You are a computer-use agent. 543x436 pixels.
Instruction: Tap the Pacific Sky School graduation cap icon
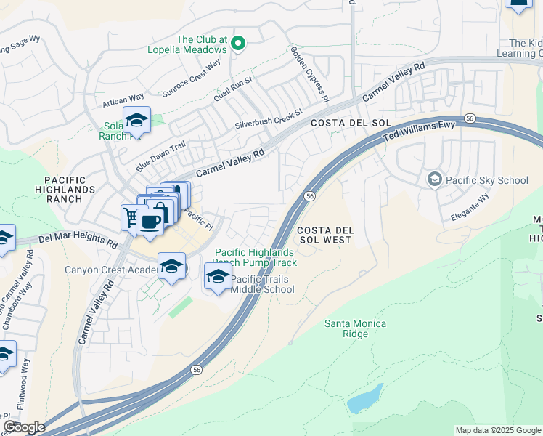click(x=435, y=179)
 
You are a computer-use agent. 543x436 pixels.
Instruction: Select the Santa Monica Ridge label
click(x=356, y=328)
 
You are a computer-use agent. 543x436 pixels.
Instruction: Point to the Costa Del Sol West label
click(x=325, y=235)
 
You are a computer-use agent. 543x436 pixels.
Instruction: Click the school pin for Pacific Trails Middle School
click(x=218, y=277)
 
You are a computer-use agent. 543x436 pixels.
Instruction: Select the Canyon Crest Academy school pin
click(x=171, y=267)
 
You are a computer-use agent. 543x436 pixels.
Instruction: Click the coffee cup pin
click(x=150, y=222)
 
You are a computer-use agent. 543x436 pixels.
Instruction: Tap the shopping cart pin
click(x=131, y=217)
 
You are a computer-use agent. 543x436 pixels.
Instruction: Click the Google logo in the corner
click(x=24, y=427)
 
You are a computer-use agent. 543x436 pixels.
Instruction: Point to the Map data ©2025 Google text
click(x=497, y=430)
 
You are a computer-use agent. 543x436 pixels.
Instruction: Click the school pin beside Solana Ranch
click(x=136, y=121)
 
